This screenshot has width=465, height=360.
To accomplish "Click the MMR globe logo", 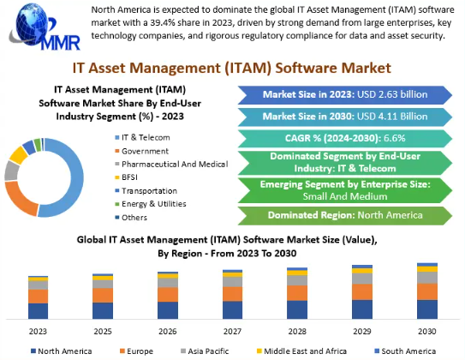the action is pyautogui.click(x=45, y=27).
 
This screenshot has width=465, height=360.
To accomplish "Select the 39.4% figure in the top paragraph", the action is pyautogui.click(x=162, y=23).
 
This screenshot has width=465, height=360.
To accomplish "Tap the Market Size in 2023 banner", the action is pyautogui.click(x=345, y=95).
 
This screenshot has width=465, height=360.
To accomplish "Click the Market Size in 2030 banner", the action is pyautogui.click(x=345, y=117).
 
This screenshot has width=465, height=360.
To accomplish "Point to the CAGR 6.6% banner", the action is pyautogui.click(x=345, y=138).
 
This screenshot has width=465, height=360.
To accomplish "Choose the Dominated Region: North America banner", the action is pyautogui.click(x=345, y=215).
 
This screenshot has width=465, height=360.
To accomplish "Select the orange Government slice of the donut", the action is pyautogui.click(x=18, y=199).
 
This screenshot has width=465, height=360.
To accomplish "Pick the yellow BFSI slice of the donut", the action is pyautogui.click(x=18, y=155).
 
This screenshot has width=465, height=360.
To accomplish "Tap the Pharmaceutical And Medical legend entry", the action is pyautogui.click(x=171, y=164).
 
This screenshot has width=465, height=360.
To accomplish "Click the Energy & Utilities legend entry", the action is pyautogui.click(x=151, y=204).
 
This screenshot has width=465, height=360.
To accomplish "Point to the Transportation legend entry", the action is pyautogui.click(x=146, y=191).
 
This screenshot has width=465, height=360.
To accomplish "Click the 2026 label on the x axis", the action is pyautogui.click(x=168, y=331).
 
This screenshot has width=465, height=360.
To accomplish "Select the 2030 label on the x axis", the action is pyautogui.click(x=427, y=331).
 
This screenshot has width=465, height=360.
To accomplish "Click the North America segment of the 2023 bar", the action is pyautogui.click(x=38, y=311).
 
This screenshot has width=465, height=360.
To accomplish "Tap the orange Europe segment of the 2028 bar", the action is pyautogui.click(x=297, y=293).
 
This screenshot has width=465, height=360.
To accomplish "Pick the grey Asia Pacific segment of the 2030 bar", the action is pyautogui.click(x=427, y=278).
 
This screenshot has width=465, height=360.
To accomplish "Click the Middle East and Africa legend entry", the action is pyautogui.click(x=301, y=351).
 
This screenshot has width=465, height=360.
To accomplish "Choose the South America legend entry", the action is pyautogui.click(x=405, y=351).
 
